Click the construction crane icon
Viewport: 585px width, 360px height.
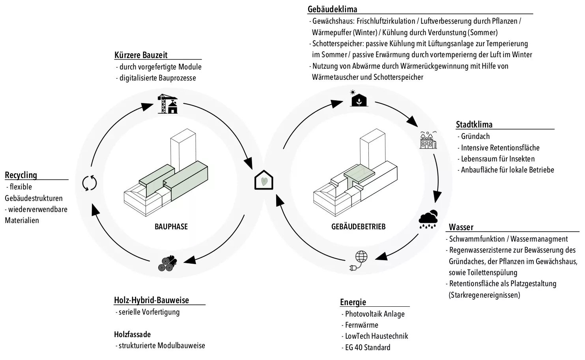168,103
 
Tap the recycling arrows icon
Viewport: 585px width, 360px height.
89,183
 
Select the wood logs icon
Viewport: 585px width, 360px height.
167,263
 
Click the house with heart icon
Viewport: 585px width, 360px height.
264,180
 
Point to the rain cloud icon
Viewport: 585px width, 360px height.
428,219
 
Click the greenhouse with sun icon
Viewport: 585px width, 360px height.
359,98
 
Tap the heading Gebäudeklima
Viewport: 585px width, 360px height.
332,9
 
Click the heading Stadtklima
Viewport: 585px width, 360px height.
474,124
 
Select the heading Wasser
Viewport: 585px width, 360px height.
461,227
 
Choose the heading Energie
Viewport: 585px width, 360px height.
353,302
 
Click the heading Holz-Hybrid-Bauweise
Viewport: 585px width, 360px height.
151,300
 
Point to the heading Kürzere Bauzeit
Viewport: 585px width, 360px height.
141,55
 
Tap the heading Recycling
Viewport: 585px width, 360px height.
21,175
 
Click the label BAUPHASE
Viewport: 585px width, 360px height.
171,227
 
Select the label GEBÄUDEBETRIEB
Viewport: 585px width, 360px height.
358,227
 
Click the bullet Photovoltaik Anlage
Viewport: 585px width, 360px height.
374,314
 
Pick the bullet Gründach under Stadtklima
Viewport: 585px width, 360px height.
475,136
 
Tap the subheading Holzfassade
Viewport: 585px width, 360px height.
132,334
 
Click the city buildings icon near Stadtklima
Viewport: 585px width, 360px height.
428,140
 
